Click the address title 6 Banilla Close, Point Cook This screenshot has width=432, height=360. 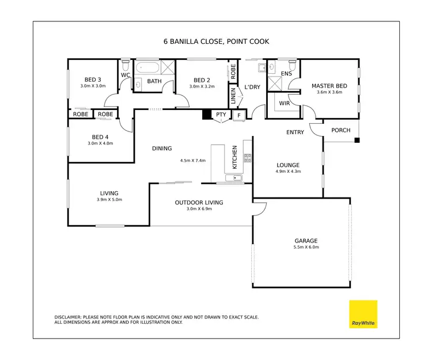tap(216, 41)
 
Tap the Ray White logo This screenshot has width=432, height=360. tap(363, 314)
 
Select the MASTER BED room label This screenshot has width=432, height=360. tap(327, 86)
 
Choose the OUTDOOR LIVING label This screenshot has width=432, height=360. tap(199, 203)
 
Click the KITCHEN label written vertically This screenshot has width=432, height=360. tap(234, 157)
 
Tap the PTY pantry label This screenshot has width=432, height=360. tap(221, 115)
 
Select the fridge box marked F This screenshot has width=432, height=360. tap(239, 115)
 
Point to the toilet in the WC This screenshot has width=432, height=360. tap(125, 62)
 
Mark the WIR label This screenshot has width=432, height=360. tap(284, 104)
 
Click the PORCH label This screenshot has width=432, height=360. tap(340, 130)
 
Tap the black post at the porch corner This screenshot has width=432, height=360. tap(357, 140)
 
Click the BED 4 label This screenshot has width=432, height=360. tap(100, 137)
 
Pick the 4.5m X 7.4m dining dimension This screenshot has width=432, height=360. tap(193, 161)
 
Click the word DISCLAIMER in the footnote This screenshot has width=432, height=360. tap(69, 317)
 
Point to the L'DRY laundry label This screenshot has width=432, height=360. tap(252, 87)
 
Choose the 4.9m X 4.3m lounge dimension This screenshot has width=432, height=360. tap(288, 171)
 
